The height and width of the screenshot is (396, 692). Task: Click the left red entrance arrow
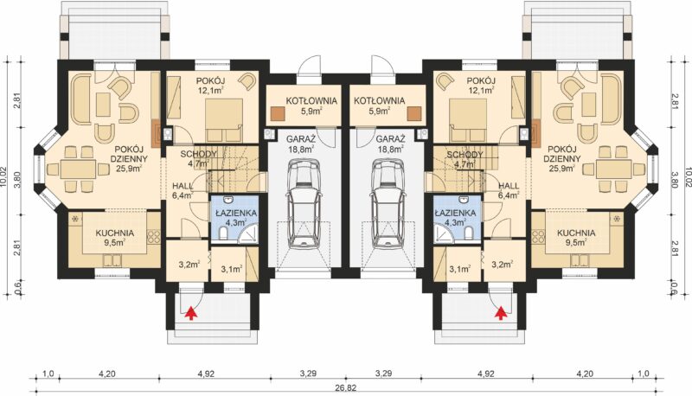[x=190, y=313]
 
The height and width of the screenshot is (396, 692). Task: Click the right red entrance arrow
[x=501, y=313]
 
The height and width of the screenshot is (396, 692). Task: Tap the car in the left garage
[x=304, y=205]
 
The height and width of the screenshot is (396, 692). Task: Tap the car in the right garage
[x=388, y=205]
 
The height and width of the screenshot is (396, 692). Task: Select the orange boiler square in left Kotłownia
[x=278, y=113]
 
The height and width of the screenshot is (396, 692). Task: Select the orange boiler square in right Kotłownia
[x=414, y=113]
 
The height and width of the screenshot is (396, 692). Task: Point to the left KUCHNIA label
[x=115, y=233]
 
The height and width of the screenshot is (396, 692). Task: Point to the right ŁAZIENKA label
[x=455, y=213]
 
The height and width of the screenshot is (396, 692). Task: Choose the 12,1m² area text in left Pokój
[x=205, y=91]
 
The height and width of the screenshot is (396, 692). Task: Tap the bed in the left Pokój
[x=224, y=118]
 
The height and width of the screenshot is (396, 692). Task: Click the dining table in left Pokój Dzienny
[x=78, y=169]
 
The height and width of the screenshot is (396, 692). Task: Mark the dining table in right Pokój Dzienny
[x=613, y=169]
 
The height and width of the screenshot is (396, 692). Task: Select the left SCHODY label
[x=198, y=155]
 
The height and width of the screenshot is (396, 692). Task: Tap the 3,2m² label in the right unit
[x=503, y=265]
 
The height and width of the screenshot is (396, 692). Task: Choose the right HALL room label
[x=509, y=186]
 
